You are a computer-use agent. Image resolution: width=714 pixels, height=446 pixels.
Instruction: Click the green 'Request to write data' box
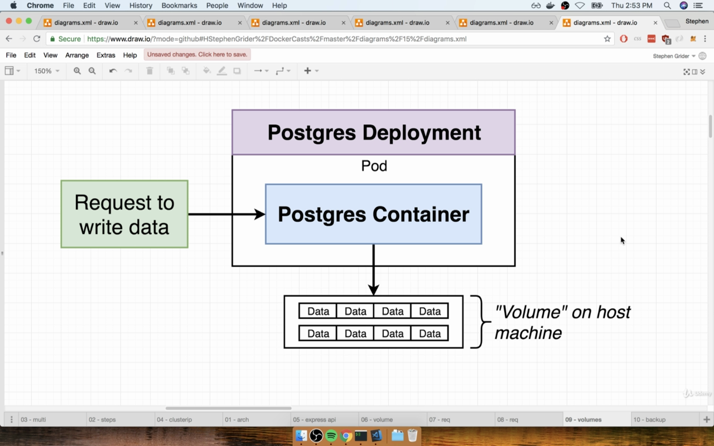pos(124,214)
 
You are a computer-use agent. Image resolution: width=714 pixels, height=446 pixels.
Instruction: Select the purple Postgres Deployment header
pos(374,132)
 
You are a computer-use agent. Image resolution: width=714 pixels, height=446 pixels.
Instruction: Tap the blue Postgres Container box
pos(374,214)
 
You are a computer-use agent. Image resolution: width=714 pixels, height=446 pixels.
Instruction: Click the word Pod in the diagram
pos(374,166)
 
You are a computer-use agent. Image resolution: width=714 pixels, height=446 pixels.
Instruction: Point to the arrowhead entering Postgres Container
pos(260,214)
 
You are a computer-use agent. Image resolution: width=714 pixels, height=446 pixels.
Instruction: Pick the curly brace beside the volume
pos(480,322)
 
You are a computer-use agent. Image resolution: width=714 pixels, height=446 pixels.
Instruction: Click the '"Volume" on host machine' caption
pos(562,322)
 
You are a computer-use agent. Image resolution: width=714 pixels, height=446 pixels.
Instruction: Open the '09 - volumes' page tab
pos(583,420)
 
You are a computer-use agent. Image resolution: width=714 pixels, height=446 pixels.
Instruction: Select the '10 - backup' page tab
pos(649,420)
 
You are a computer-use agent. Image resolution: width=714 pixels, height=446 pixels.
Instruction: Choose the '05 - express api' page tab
pos(314,420)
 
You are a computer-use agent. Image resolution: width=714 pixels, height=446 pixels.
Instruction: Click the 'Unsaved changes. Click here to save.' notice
pos(197,55)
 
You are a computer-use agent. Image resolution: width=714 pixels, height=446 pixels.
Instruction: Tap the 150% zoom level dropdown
pos(46,71)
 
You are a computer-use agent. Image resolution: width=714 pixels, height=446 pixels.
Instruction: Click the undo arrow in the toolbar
pos(113,71)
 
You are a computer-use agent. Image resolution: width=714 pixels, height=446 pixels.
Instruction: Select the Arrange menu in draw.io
pos(77,55)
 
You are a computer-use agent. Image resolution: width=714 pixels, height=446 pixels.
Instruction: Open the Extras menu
pos(106,55)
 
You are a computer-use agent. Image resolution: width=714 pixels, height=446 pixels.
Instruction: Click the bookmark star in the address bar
pos(607,39)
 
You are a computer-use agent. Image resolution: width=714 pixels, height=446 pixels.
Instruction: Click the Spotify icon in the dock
pos(331,435)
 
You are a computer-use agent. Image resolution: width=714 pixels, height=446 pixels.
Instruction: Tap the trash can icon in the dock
pos(412,435)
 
